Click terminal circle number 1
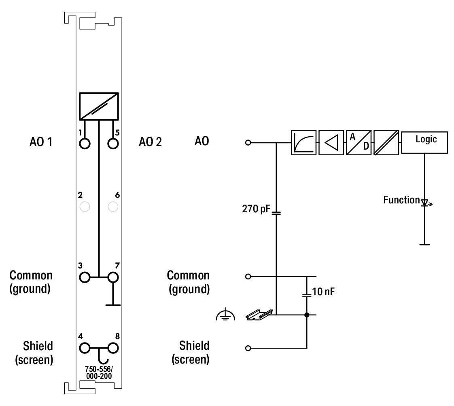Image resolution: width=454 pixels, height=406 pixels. tap(85, 143)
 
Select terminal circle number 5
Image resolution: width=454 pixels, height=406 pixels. tap(113, 143)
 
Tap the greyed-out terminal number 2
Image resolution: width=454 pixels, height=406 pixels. tap(85, 207)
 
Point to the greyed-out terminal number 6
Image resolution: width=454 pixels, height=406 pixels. tap(113, 207)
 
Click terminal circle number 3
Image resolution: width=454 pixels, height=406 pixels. tap(85, 277)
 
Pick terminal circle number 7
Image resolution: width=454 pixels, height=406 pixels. tap(113, 277)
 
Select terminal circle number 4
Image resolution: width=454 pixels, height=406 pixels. tap(85, 348)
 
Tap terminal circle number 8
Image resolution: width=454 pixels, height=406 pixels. tap(113, 348)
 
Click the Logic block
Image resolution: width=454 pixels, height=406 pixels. tap(424, 143)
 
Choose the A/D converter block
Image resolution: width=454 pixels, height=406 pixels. tap(359, 143)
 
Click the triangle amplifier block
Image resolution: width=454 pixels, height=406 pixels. tap(331, 143)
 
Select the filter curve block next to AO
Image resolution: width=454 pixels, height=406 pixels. tap(303, 143)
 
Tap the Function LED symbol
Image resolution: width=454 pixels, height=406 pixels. tap(424, 202)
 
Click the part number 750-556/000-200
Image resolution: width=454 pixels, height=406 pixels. tap(98, 372)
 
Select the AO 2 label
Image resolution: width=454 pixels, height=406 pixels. tap(150, 142)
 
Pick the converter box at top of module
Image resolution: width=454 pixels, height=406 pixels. tap(99, 107)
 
